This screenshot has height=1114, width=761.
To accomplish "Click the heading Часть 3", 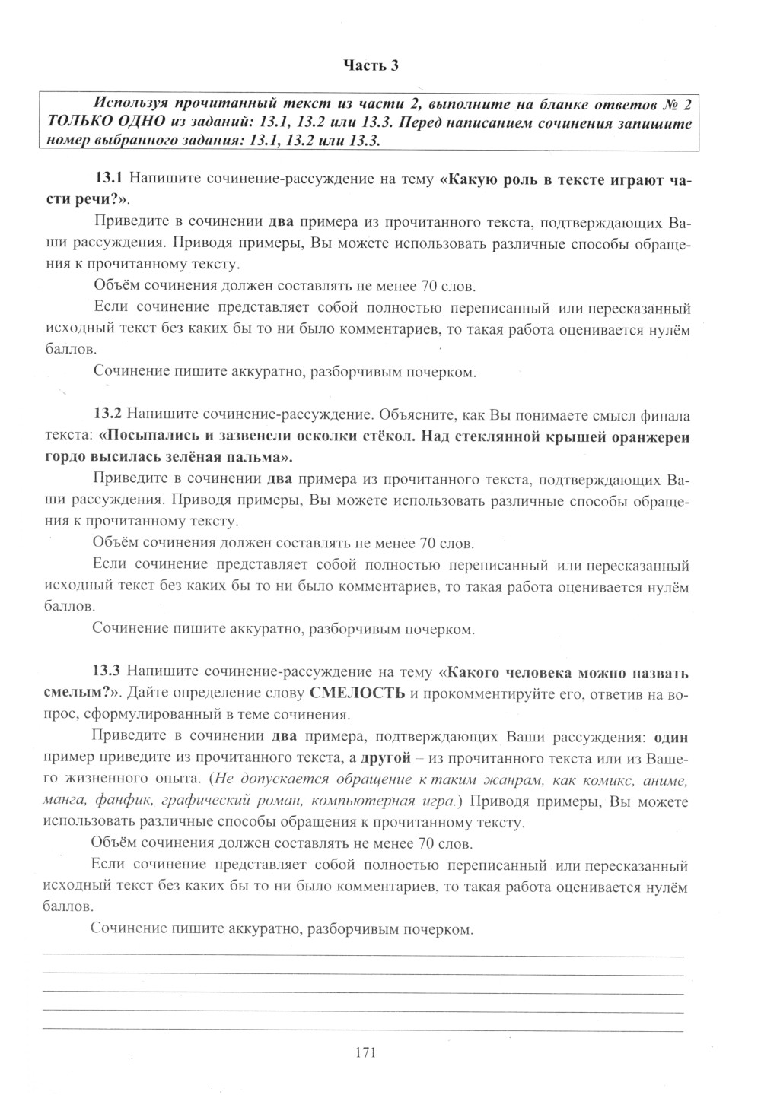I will point(371,65).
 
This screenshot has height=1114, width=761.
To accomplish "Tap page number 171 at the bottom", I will point(366,1052).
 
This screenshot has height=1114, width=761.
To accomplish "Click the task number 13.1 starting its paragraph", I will point(108,179).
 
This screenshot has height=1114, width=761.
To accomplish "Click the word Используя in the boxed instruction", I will point(126,102).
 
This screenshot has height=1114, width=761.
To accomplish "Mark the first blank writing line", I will point(363,955).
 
